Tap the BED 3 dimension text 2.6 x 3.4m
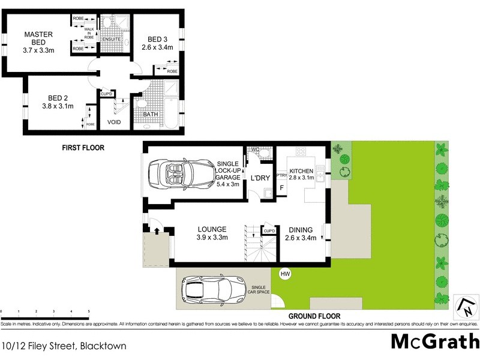tap(157, 47)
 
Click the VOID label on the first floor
tap(114, 122)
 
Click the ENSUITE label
tap(112, 40)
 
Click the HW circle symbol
tap(285, 274)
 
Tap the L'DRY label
tap(260, 178)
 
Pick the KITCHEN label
tap(301, 171)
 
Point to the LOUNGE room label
tap(212, 229)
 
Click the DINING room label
tap(301, 229)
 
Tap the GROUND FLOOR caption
tap(314, 316)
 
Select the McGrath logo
tap(434, 341)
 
